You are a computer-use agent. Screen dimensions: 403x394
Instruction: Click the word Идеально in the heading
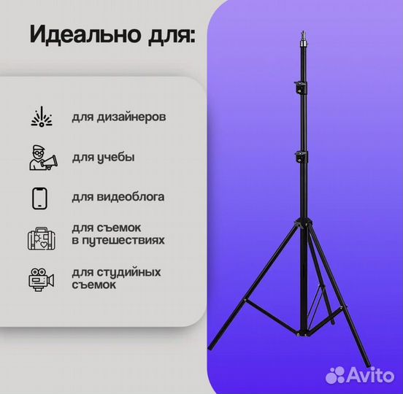point(85,34)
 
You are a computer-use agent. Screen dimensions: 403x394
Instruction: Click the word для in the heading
point(172,36)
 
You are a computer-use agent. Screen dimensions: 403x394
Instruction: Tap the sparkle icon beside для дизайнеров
point(42,117)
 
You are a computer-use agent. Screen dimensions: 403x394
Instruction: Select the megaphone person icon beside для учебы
point(43,158)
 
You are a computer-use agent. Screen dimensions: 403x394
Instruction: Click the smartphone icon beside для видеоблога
point(39,198)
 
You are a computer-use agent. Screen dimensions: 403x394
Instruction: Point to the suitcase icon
point(42,239)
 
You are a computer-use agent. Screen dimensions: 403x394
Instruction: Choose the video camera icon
point(41,279)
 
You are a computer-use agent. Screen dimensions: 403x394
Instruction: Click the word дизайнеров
point(131,117)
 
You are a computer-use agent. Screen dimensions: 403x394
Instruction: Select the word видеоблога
point(130,197)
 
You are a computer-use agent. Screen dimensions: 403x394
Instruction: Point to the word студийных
point(128,272)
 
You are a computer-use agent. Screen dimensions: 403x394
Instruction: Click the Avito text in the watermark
point(371,375)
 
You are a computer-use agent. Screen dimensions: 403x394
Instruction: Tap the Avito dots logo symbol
point(335,375)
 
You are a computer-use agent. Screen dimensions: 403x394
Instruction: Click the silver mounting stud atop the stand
point(304,39)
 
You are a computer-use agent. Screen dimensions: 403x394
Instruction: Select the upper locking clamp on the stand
point(301,88)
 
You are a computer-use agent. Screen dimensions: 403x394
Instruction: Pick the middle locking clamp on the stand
point(301,157)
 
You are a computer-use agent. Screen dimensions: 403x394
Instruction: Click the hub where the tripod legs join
point(303,223)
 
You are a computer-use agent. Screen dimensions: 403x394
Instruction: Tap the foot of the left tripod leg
point(212,345)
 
